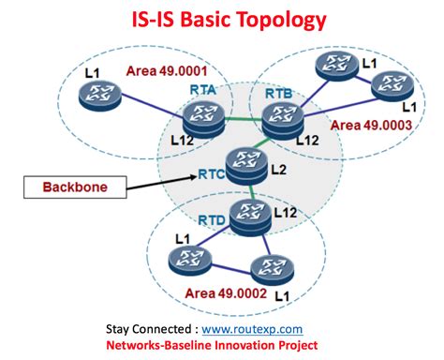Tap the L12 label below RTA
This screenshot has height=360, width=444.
184,139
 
